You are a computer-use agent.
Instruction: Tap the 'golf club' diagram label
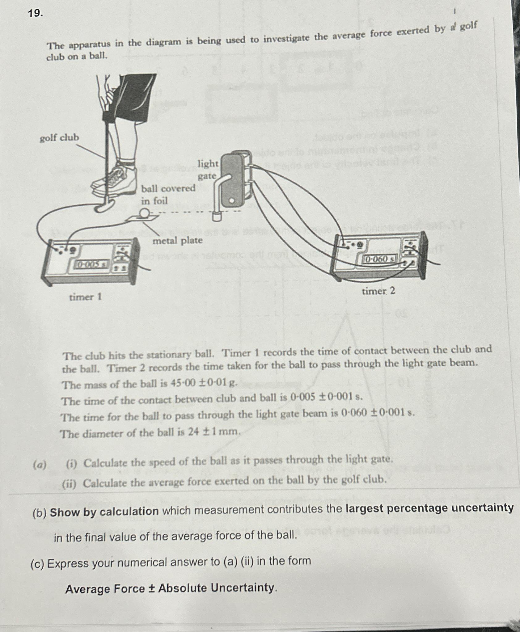click(x=59, y=137)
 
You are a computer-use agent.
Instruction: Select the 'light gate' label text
click(x=208, y=170)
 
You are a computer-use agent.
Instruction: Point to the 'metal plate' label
click(x=178, y=240)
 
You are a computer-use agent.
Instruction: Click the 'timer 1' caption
click(x=85, y=297)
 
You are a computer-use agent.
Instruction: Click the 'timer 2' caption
click(x=378, y=291)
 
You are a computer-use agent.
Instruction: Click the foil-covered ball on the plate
click(x=144, y=213)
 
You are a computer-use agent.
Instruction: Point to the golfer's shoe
click(x=116, y=182)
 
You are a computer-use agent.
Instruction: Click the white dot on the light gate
click(x=231, y=201)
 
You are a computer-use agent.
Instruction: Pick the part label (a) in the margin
click(x=40, y=465)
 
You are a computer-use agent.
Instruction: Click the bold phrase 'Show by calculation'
click(x=104, y=512)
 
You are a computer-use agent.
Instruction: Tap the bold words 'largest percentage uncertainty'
click(x=429, y=508)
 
